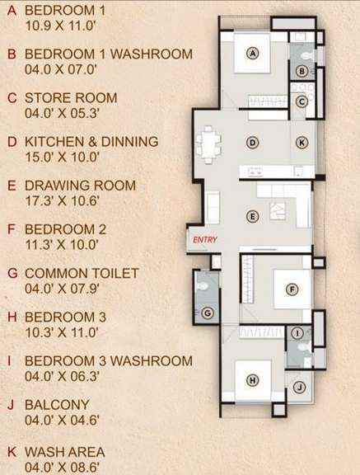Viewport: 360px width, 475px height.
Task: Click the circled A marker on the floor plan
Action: pyautogui.click(x=253, y=54)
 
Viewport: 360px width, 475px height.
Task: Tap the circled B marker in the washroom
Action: pyautogui.click(x=302, y=72)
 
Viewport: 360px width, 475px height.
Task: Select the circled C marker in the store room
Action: pyautogui.click(x=302, y=101)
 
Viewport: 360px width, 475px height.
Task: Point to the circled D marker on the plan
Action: pyautogui.click(x=253, y=143)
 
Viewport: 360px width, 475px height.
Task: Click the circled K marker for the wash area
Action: pyautogui.click(x=302, y=143)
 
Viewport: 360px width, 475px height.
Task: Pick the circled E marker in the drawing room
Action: pyautogui.click(x=253, y=216)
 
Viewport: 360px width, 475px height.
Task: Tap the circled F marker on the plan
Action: pyautogui.click(x=291, y=289)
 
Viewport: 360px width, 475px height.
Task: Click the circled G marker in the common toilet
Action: pyautogui.click(x=208, y=313)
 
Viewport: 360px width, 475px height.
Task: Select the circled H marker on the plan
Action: pyautogui.click(x=253, y=380)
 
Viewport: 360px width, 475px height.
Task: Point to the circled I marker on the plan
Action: pyautogui.click(x=297, y=333)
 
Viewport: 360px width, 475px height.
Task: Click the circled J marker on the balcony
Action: pyautogui.click(x=300, y=387)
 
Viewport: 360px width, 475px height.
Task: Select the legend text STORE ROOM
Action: pyautogui.click(x=71, y=98)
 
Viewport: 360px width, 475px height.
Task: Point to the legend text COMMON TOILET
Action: pyautogui.click(x=82, y=273)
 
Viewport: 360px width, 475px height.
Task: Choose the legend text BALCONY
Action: pyautogui.click(x=57, y=405)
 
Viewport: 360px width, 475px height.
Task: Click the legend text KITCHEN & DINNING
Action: pyautogui.click(x=91, y=142)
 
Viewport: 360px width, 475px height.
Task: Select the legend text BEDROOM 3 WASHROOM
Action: pyautogui.click(x=109, y=361)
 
